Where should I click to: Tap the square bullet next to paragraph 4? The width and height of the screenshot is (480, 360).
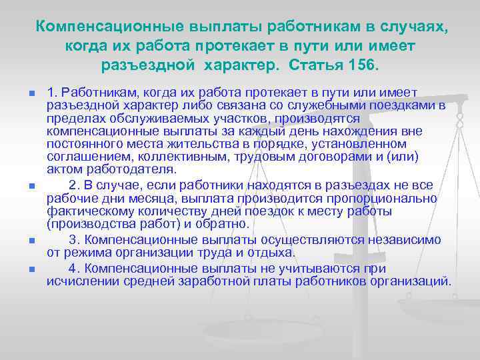31,270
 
